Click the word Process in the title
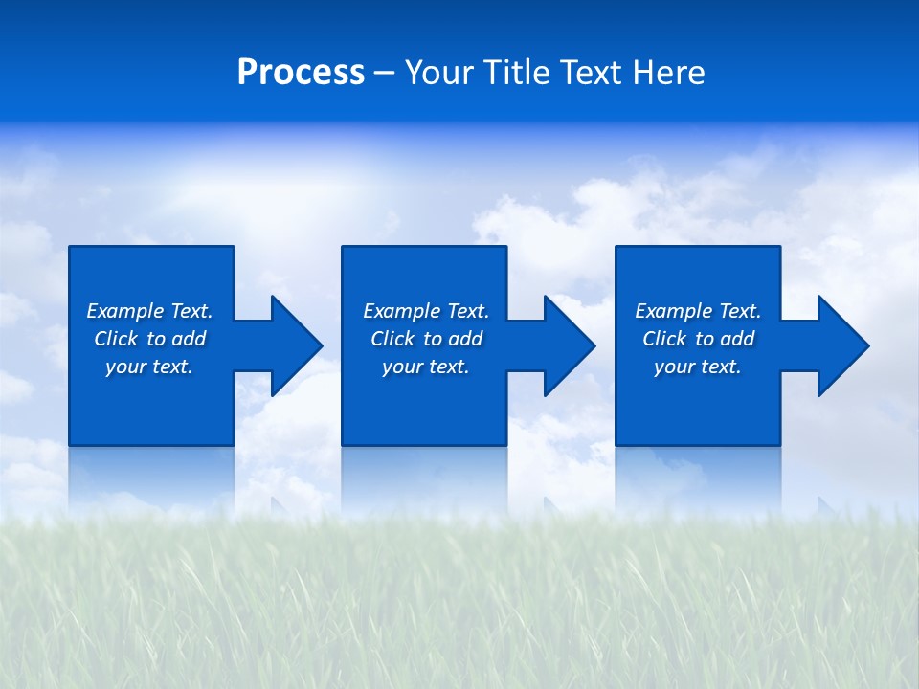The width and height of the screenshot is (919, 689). click(301, 73)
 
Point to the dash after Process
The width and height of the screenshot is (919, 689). click(384, 74)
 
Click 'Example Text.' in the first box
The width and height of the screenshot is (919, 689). click(149, 311)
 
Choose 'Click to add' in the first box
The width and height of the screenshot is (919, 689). click(149, 339)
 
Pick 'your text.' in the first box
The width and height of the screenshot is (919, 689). click(149, 367)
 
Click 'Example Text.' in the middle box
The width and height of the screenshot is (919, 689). click(426, 311)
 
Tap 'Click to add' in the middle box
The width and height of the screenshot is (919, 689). click(426, 339)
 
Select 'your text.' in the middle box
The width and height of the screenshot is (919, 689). click(426, 367)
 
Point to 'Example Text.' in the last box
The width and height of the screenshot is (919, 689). click(698, 311)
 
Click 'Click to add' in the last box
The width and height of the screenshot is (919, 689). click(698, 339)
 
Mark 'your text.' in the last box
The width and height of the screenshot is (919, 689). click(698, 367)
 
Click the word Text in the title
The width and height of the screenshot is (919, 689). click(588, 73)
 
